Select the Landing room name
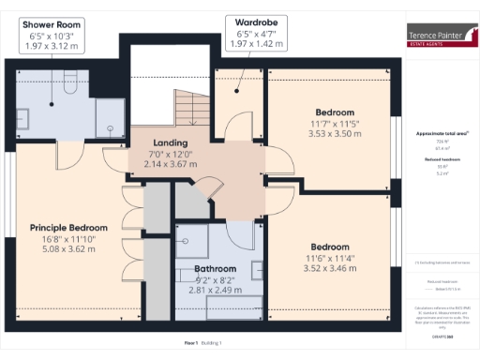171,142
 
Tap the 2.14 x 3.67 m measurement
171,164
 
